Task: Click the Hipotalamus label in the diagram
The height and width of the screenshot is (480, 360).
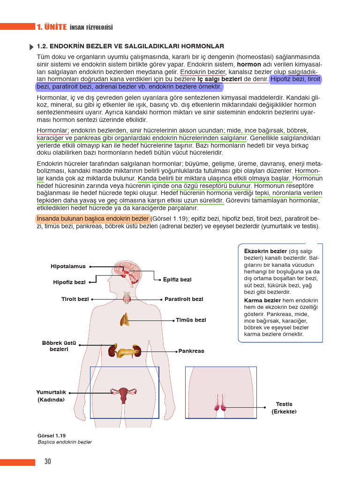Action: point(68,266)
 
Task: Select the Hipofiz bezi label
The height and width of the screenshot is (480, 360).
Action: point(69,282)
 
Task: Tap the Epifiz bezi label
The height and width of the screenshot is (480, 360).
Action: point(177,280)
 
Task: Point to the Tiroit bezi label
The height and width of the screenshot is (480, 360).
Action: point(75,299)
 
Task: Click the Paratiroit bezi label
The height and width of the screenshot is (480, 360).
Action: point(184,299)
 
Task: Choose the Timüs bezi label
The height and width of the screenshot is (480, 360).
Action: point(191,320)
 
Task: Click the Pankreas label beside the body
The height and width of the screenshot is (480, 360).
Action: point(191,351)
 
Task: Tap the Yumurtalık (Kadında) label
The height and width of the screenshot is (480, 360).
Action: point(51,396)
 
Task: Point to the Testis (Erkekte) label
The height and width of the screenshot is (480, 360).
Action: point(284,408)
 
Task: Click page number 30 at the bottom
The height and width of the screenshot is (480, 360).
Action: point(47,462)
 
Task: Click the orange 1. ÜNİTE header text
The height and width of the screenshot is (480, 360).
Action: point(51,27)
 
